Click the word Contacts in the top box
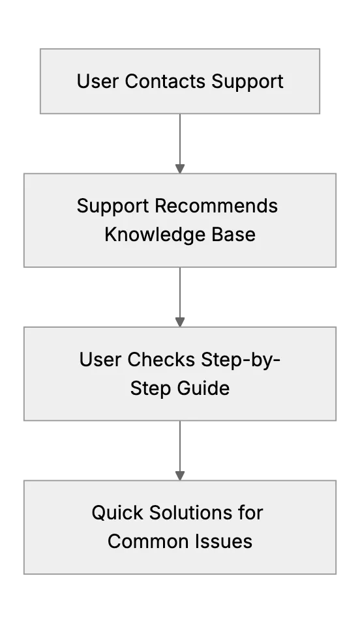pyautogui.click(x=166, y=81)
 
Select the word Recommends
pyautogui.click(x=217, y=206)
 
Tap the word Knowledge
pyautogui.click(x=155, y=235)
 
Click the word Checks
pyautogui.click(x=161, y=360)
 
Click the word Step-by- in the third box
pyautogui.click(x=241, y=360)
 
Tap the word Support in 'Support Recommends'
pyautogui.click(x=113, y=207)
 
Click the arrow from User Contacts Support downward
pyautogui.click(x=180, y=143)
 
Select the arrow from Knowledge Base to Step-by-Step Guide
pyautogui.click(x=180, y=297)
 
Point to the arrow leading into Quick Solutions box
pyautogui.click(x=180, y=450)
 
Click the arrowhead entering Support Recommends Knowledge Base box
pyautogui.click(x=180, y=169)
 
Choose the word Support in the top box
pyautogui.click(x=247, y=82)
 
